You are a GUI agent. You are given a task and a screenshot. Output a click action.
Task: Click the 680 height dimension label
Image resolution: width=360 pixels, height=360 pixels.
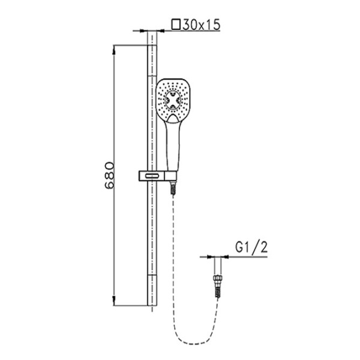(x=109, y=175)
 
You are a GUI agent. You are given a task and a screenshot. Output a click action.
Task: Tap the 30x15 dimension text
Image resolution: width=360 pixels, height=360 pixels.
(x=202, y=25)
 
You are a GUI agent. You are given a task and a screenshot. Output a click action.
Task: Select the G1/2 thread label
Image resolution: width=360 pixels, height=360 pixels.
(x=251, y=247)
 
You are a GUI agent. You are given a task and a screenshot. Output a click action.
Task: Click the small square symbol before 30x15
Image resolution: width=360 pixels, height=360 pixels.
(x=176, y=25)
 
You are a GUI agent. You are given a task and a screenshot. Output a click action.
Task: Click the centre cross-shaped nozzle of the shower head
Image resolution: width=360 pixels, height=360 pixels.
(x=173, y=100)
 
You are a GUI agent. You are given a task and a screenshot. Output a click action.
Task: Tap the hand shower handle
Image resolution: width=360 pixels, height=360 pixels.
(x=173, y=146)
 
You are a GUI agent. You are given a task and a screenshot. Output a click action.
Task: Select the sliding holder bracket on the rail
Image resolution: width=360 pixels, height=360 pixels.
(x=158, y=176)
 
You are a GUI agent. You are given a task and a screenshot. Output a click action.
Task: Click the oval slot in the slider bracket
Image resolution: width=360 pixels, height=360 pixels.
(x=152, y=176)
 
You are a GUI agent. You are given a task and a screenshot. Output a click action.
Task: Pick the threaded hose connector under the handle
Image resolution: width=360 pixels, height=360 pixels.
(x=173, y=188)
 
